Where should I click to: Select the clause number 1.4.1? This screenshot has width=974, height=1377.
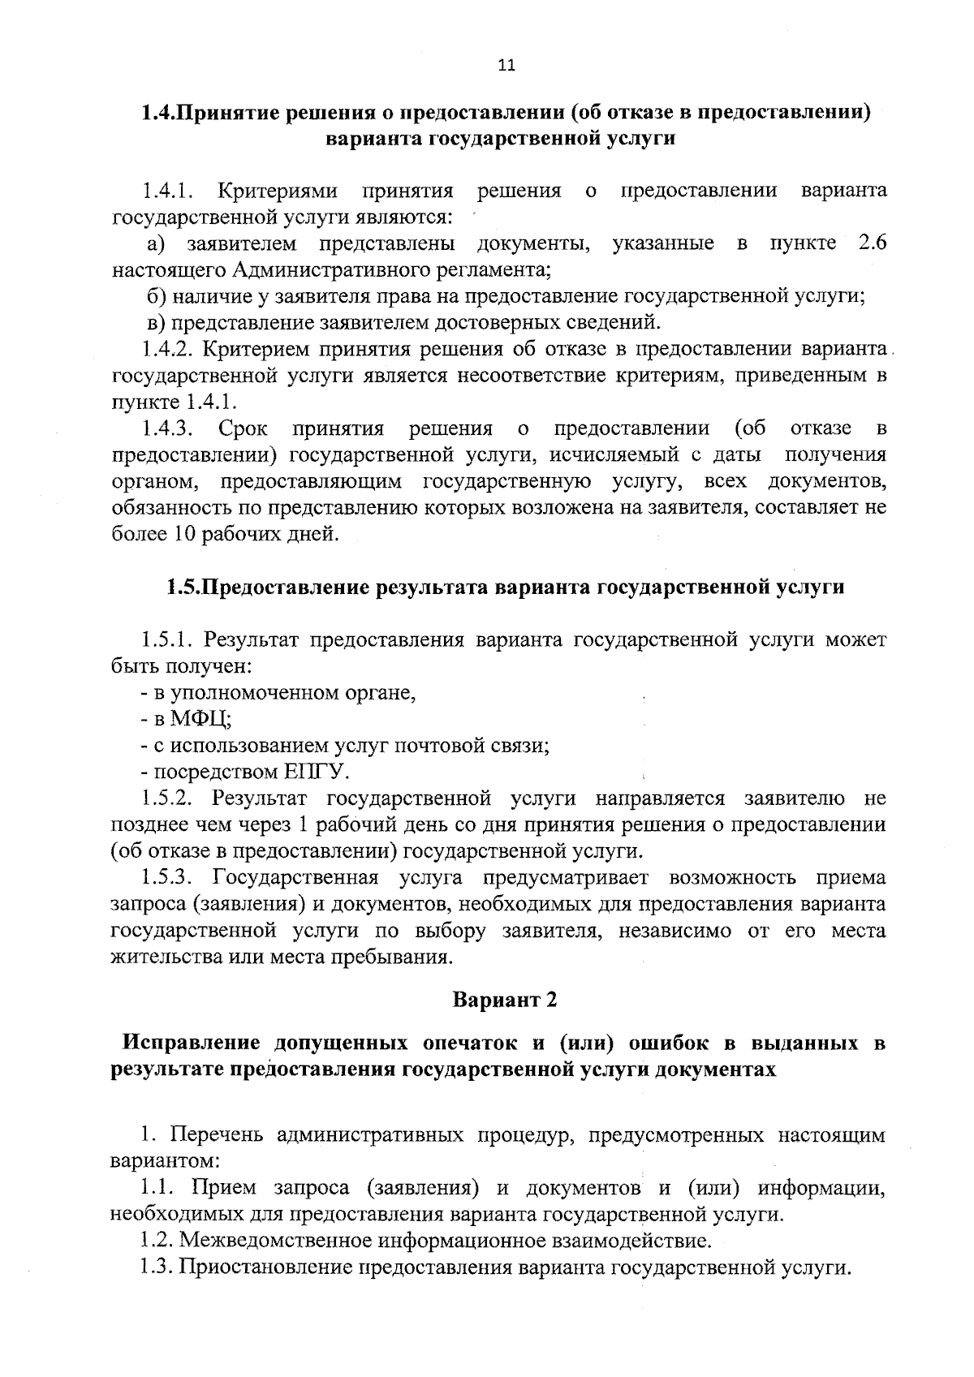166,191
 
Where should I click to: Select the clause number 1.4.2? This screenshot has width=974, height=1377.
166,349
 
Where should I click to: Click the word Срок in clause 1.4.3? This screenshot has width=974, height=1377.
243,428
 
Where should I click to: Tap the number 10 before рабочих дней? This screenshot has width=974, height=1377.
184,534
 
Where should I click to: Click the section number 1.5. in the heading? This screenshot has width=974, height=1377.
183,587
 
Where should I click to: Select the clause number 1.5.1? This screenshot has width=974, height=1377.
166,639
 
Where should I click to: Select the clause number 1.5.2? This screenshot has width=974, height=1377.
166,798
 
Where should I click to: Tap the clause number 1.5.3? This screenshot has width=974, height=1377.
166,878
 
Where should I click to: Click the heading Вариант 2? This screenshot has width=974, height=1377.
505,1000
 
